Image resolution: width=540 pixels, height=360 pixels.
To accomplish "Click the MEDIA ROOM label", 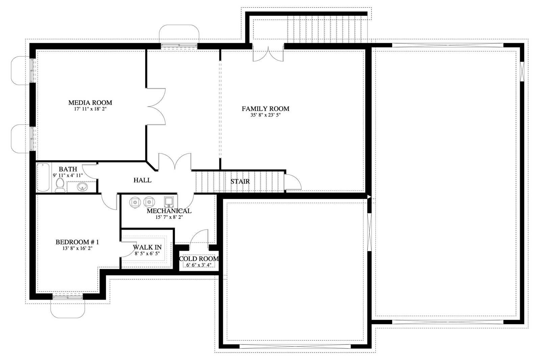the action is pyautogui.click(x=90, y=103).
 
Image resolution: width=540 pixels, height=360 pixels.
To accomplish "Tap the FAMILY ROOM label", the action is pyautogui.click(x=265, y=109).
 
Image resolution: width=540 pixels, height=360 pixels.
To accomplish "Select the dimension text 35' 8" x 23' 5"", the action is pyautogui.click(x=265, y=115).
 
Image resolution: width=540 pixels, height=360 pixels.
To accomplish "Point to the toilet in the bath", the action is pyautogui.click(x=60, y=185).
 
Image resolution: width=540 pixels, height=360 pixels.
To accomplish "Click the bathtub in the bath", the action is pyautogui.click(x=43, y=177).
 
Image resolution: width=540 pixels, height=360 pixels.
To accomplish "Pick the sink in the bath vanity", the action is pyautogui.click(x=82, y=187).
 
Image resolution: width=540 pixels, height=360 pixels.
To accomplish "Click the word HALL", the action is pyautogui.click(x=142, y=180).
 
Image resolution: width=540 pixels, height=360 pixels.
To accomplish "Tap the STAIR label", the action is pyautogui.click(x=240, y=182).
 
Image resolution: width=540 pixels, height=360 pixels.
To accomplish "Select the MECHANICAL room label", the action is pyautogui.click(x=169, y=211).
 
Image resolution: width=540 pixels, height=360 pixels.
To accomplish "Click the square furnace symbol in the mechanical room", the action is pyautogui.click(x=169, y=202).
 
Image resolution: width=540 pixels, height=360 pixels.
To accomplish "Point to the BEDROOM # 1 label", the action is pyautogui.click(x=77, y=242).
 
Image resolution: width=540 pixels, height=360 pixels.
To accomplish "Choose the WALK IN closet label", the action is pyautogui.click(x=147, y=247).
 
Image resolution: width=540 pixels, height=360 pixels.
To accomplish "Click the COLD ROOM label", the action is pyautogui.click(x=199, y=259).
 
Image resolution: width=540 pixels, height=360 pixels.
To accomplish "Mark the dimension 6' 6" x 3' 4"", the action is pyautogui.click(x=199, y=265).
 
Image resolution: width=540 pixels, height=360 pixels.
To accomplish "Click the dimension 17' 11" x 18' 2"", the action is pyautogui.click(x=90, y=109).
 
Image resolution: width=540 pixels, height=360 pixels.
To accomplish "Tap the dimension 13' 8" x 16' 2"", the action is pyautogui.click(x=77, y=248).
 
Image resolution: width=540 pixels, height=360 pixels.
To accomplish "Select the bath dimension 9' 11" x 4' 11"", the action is pyautogui.click(x=68, y=175).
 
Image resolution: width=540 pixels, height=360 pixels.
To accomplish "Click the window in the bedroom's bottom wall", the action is pyautogui.click(x=68, y=298).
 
